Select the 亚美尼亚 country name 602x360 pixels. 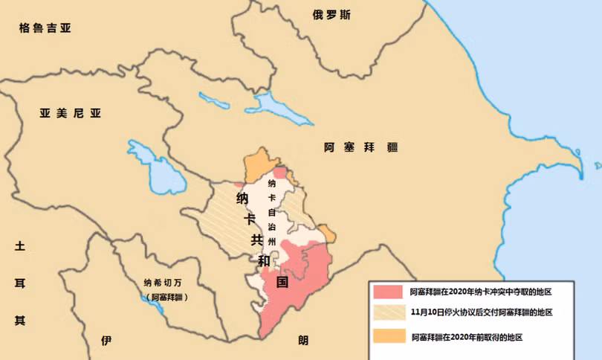click(70, 113)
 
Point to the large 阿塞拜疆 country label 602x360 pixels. click(361, 147)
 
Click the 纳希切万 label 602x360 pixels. click(166, 283)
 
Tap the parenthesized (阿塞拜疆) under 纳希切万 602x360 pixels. click(166, 297)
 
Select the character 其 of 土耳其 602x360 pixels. click(20, 321)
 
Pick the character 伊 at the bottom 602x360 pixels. click(106, 341)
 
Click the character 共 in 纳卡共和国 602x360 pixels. click(256, 240)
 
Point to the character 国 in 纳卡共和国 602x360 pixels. click(282, 282)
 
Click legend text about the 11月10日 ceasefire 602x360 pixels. click(481, 312)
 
